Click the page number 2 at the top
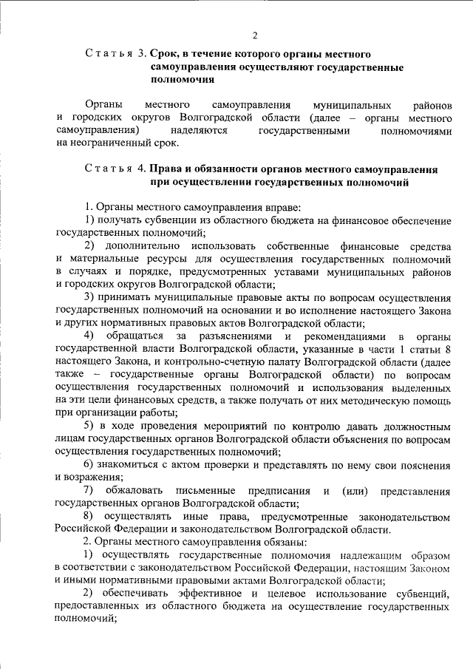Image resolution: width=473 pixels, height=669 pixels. click(x=254, y=35)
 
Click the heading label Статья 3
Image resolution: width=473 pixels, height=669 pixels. click(x=116, y=55)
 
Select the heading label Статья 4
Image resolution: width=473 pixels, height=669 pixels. click(x=116, y=169)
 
